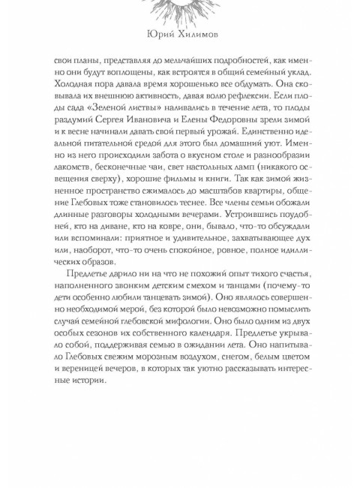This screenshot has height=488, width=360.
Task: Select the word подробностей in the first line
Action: [x=228, y=65]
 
